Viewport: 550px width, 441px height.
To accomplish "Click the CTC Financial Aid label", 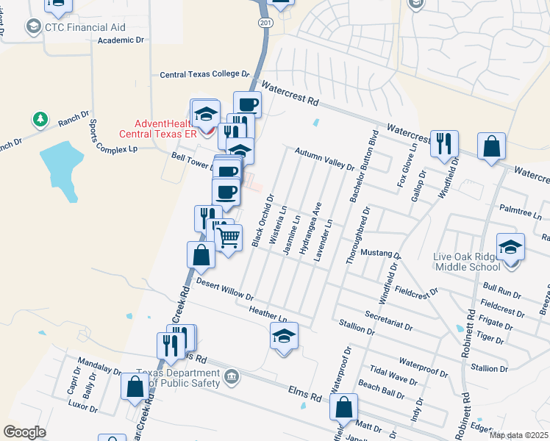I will [85, 27].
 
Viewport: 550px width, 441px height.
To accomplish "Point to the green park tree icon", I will [38, 118].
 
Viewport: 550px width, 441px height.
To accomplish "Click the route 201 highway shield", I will [265, 23].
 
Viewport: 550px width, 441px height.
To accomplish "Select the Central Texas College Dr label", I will [206, 74].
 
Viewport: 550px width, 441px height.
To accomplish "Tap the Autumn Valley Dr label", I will [324, 159].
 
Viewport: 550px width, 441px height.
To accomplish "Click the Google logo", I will [25, 432].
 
